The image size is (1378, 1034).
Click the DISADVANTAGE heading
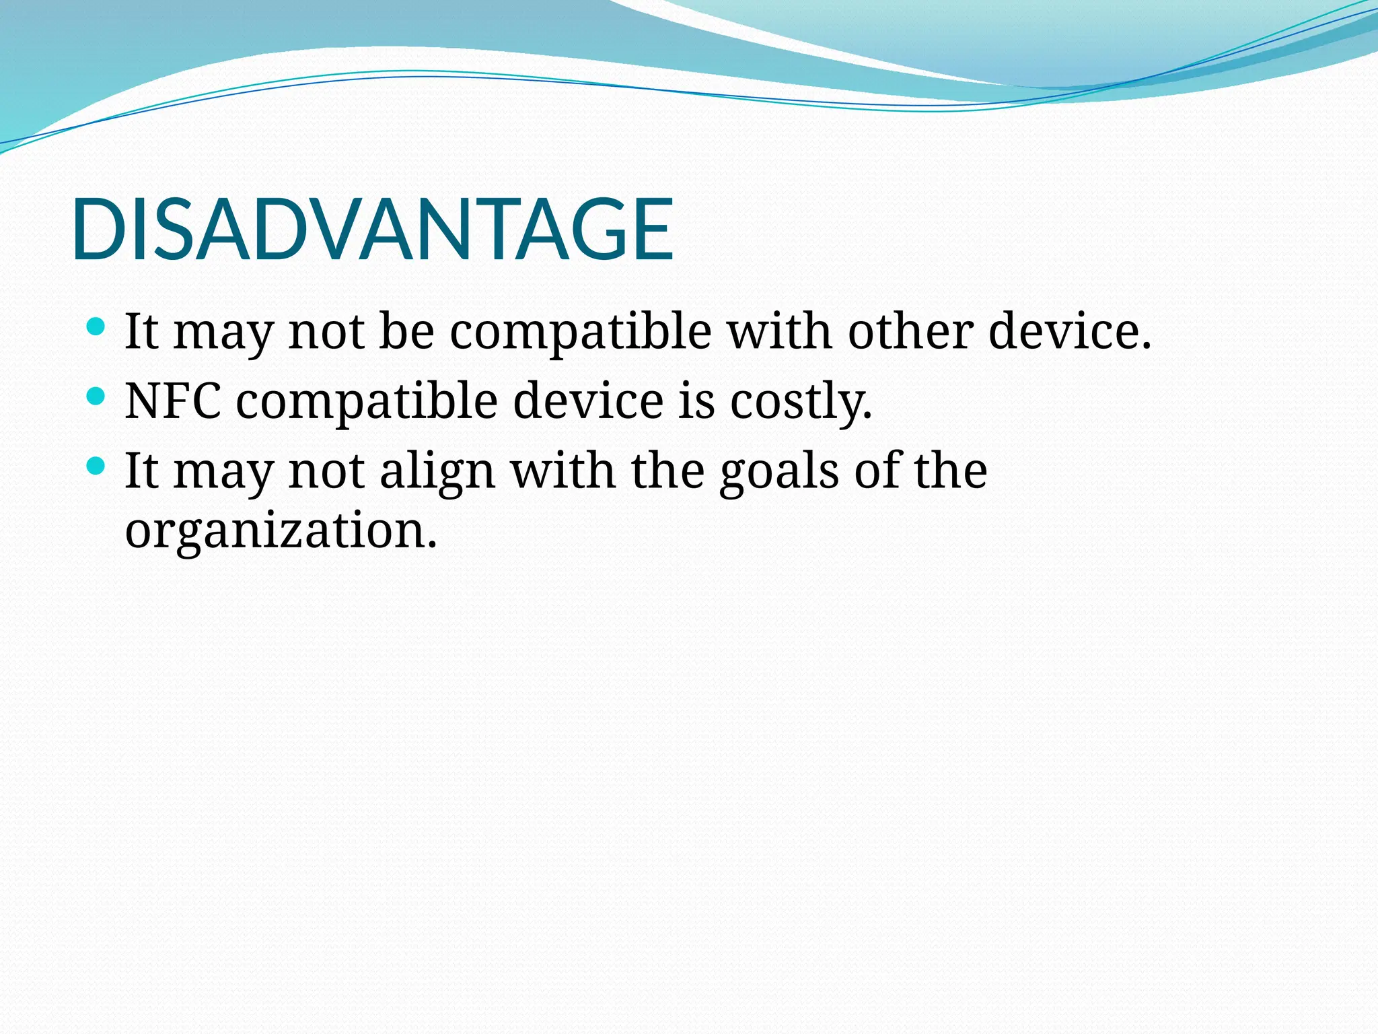coord(372,230)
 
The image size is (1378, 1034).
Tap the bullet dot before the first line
coord(96,327)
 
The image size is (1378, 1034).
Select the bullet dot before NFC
coord(96,396)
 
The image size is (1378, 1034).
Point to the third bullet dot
coord(96,465)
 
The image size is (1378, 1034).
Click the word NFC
coord(173,401)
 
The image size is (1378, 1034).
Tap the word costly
coord(801,402)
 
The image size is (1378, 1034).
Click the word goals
coord(778,471)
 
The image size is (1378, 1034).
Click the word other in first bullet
coord(910,331)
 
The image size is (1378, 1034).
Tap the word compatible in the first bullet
coord(580,333)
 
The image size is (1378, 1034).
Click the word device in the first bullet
coord(1070,331)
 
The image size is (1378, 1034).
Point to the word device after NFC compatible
coord(588,401)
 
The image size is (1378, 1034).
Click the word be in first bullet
coord(406,331)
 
